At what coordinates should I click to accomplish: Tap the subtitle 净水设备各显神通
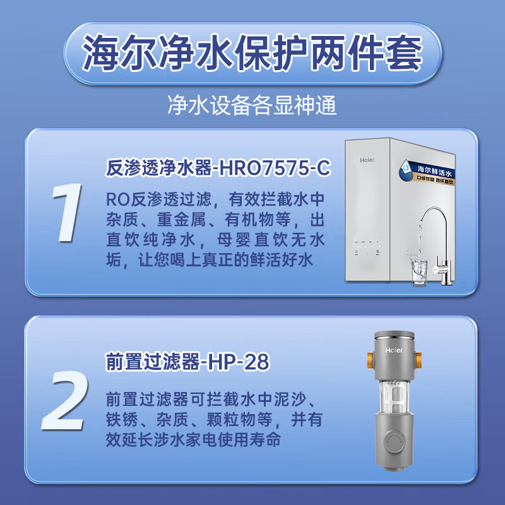point(252,105)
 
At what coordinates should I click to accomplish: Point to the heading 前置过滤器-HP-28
point(187,362)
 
